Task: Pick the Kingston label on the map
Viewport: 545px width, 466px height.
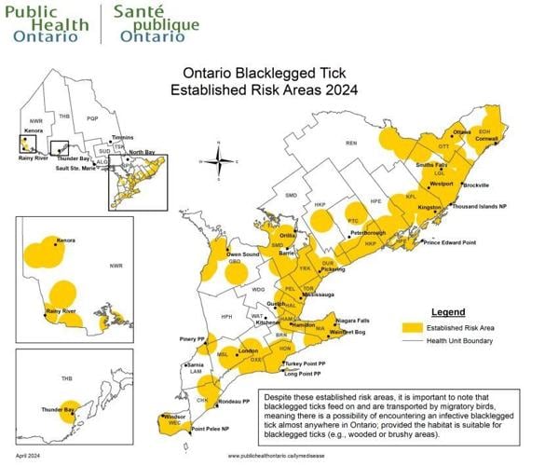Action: pyautogui.click(x=429, y=207)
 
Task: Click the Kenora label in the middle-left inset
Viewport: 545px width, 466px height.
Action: pyautogui.click(x=66, y=240)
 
